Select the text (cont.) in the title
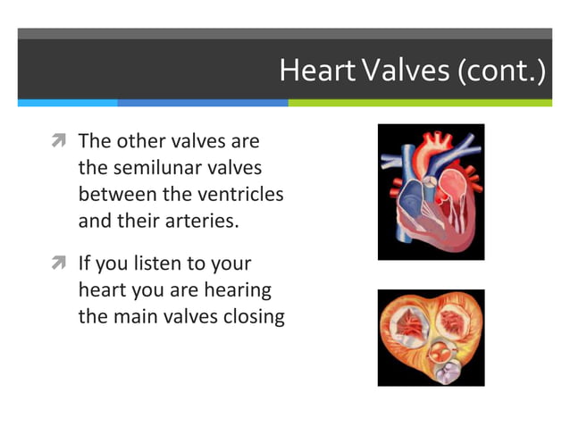(501, 71)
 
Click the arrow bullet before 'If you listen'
(61, 264)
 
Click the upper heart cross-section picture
(431, 192)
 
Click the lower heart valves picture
(431, 337)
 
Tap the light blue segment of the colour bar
(68, 103)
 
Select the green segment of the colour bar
(420, 103)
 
